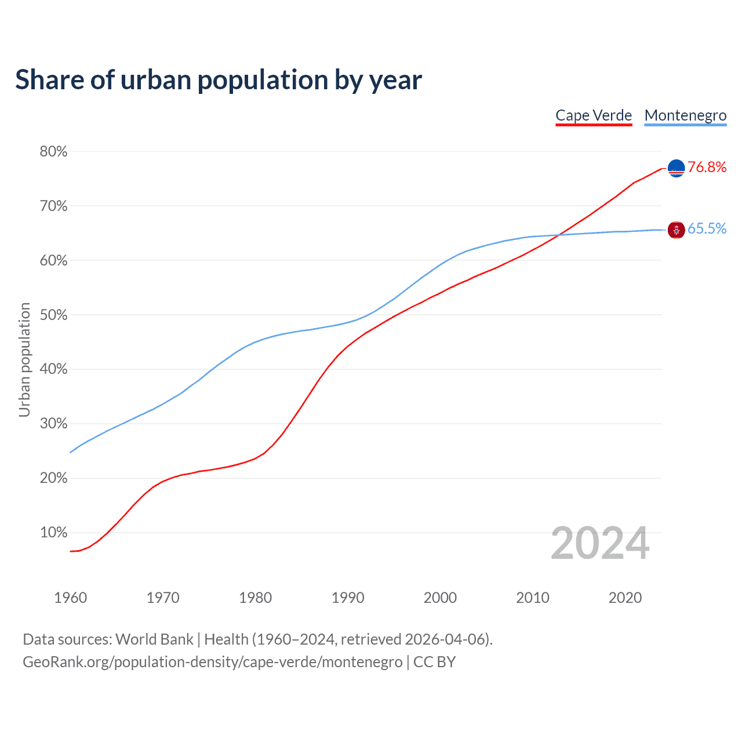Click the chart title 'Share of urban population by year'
tap(219, 80)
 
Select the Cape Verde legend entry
tap(594, 115)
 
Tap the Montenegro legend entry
tap(685, 115)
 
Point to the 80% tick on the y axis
tap(53, 152)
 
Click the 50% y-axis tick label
tap(53, 315)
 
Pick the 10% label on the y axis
tap(53, 533)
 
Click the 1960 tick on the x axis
tap(70, 598)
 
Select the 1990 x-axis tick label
tap(348, 598)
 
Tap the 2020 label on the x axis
tap(625, 598)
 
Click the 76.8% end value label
tap(707, 168)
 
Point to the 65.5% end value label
tap(707, 229)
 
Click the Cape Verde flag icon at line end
tap(676, 168)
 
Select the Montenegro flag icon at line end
tap(676, 230)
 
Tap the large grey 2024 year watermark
tap(600, 544)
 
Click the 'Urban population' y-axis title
tap(24, 359)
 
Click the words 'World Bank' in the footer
tap(154, 639)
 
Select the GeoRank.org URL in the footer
tap(212, 662)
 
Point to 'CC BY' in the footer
tap(434, 662)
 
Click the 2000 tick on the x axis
tap(440, 598)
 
